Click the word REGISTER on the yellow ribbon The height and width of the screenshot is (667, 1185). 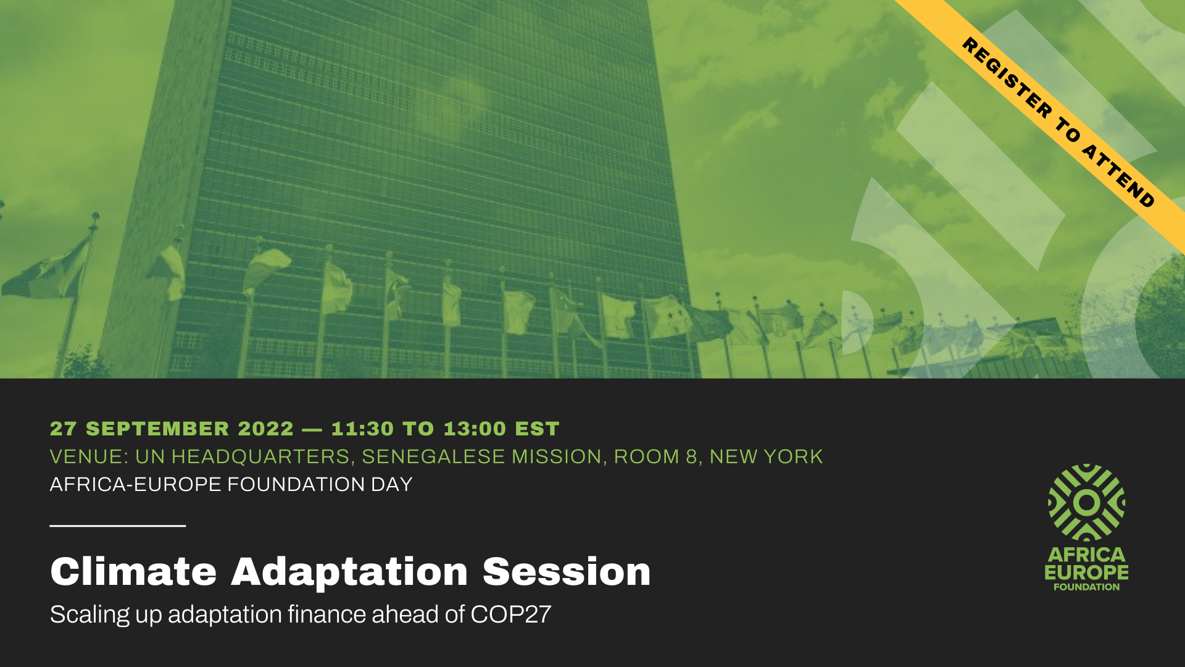point(1007,78)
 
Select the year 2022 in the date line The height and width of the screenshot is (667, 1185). point(266,429)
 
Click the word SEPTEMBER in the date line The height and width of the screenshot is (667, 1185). point(158,429)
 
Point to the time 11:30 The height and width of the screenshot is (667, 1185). point(362,429)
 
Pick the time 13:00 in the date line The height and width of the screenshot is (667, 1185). point(475,429)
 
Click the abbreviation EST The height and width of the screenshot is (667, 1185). point(537,429)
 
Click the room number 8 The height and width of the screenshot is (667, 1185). point(692,456)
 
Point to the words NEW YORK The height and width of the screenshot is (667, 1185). point(766,456)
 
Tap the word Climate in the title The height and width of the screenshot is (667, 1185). point(133,571)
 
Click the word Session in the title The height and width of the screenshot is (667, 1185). point(567,571)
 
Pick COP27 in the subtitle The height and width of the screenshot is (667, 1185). point(510,615)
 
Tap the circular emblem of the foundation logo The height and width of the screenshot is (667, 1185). point(1086,503)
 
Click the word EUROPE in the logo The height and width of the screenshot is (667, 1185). point(1086,573)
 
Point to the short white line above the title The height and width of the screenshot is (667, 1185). point(118,526)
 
